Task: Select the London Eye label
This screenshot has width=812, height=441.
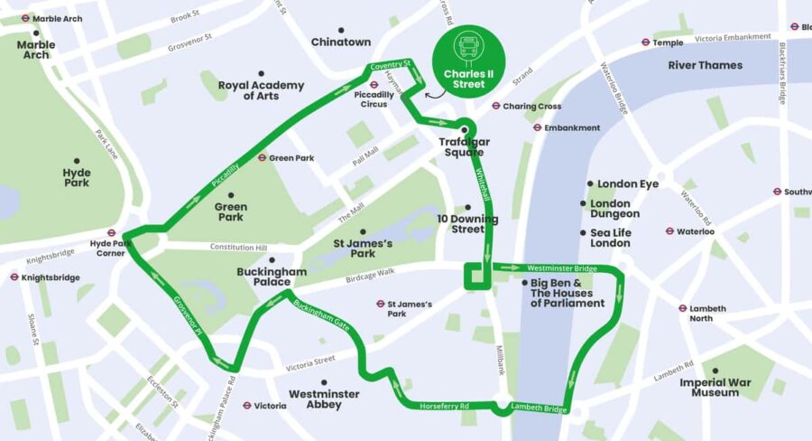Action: pyautogui.click(x=629, y=184)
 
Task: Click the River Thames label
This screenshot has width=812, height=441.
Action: pyautogui.click(x=705, y=66)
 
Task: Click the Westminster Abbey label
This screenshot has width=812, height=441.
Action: pyautogui.click(x=324, y=399)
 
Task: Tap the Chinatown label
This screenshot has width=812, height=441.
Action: pyautogui.click(x=340, y=42)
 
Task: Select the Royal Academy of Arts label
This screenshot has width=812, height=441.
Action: pyautogui.click(x=261, y=90)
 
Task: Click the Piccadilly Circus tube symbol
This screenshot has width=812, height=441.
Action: pyautogui.click(x=373, y=86)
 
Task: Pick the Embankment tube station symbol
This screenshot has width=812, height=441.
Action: pyautogui.click(x=537, y=128)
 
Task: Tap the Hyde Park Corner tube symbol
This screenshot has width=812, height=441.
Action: pyautogui.click(x=112, y=232)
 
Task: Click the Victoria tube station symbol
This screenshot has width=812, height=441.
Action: pyautogui.click(x=245, y=406)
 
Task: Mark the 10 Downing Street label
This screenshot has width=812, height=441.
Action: pyautogui.click(x=467, y=224)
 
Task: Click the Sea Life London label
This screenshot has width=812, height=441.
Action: pyautogui.click(x=610, y=238)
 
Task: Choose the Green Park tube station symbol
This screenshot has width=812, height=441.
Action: pyautogui.click(x=262, y=158)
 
